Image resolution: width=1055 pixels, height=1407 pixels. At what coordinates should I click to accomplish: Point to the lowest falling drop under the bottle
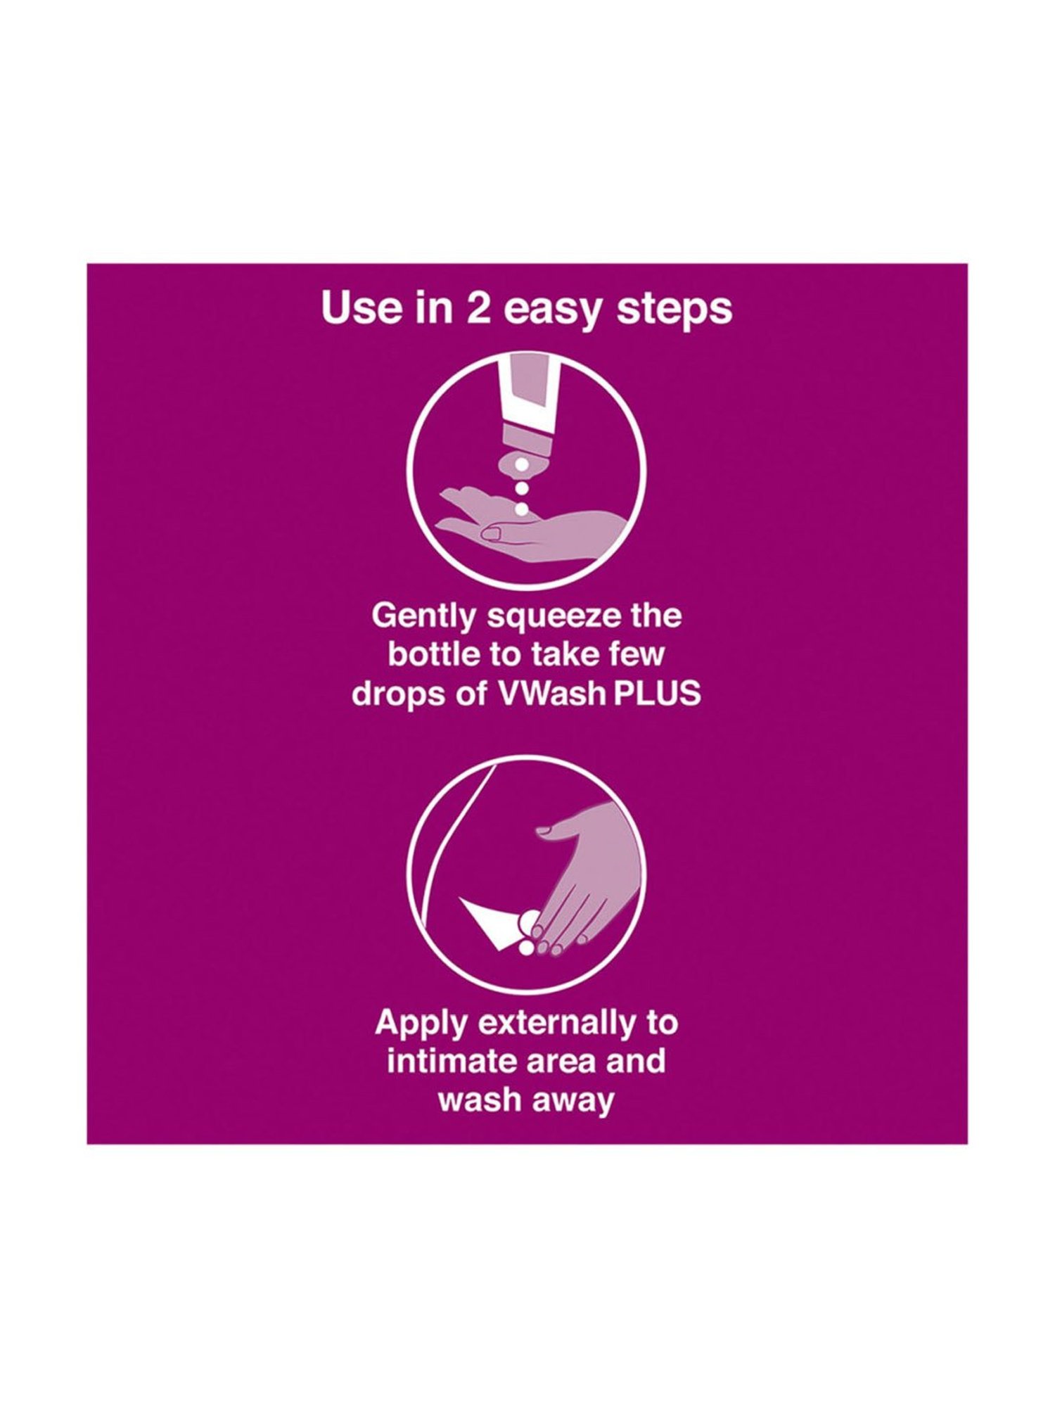pos(522,509)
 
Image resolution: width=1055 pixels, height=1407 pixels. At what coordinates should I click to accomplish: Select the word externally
pos(552,1024)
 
